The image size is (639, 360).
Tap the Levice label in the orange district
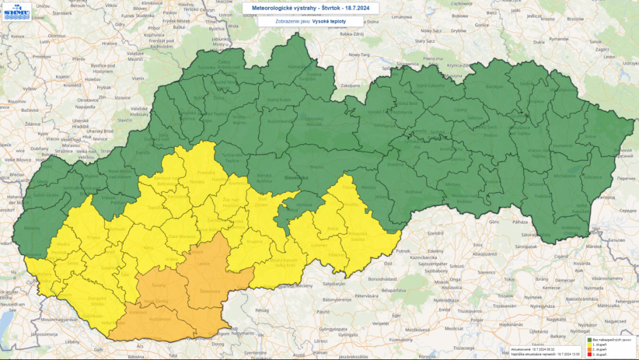coord(203,264)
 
